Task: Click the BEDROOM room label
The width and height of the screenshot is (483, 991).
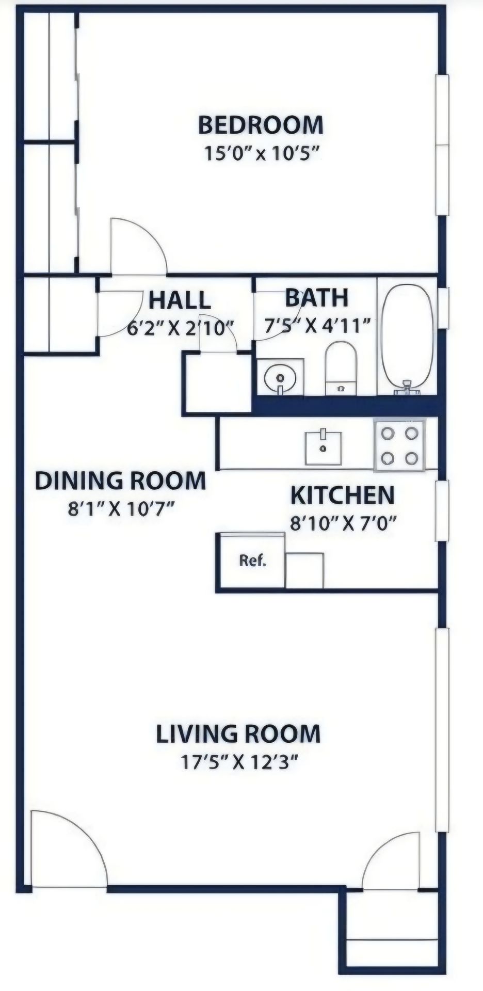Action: (x=261, y=125)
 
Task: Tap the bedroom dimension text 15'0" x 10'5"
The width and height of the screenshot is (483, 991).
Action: (x=260, y=153)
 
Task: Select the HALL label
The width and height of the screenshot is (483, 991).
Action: (x=180, y=300)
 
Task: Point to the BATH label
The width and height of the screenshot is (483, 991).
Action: (x=317, y=298)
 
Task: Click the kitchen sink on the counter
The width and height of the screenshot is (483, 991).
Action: (x=323, y=447)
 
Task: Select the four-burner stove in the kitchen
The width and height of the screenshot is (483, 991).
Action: (x=400, y=444)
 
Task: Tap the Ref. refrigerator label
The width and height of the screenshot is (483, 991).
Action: (x=253, y=561)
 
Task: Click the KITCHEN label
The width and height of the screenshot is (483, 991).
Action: (x=343, y=495)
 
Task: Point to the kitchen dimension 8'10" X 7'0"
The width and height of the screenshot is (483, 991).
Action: (x=343, y=524)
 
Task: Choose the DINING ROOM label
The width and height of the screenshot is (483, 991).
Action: (x=120, y=481)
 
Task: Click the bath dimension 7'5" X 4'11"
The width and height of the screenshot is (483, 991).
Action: (x=318, y=326)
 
